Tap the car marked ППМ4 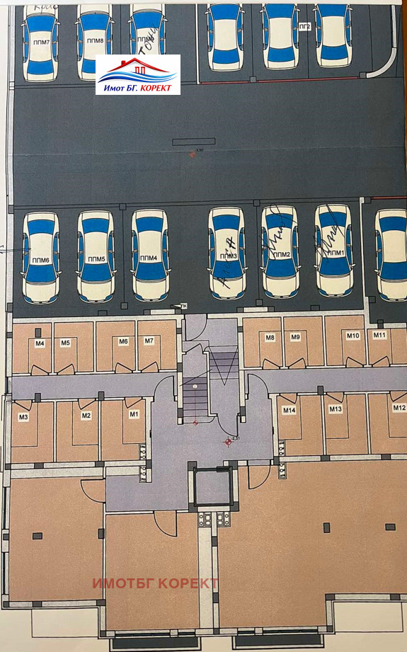pyautogui.click(x=149, y=255)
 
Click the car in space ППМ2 pyautogui.click(x=280, y=251)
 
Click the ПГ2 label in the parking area pyautogui.click(x=306, y=26)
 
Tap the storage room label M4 pyautogui.click(x=40, y=344)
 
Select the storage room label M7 pyautogui.click(x=149, y=342)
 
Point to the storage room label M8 pyautogui.click(x=270, y=338)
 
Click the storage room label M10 pyautogui.click(x=353, y=336)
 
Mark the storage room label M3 pyautogui.click(x=23, y=417)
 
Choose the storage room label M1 pyautogui.click(x=133, y=413)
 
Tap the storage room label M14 pyautogui.click(x=289, y=411)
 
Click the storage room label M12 pyautogui.click(x=399, y=408)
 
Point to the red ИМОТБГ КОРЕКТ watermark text pyautogui.click(x=156, y=583)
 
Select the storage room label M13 pyautogui.click(x=335, y=409)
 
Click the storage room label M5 pyautogui.click(x=65, y=343)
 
